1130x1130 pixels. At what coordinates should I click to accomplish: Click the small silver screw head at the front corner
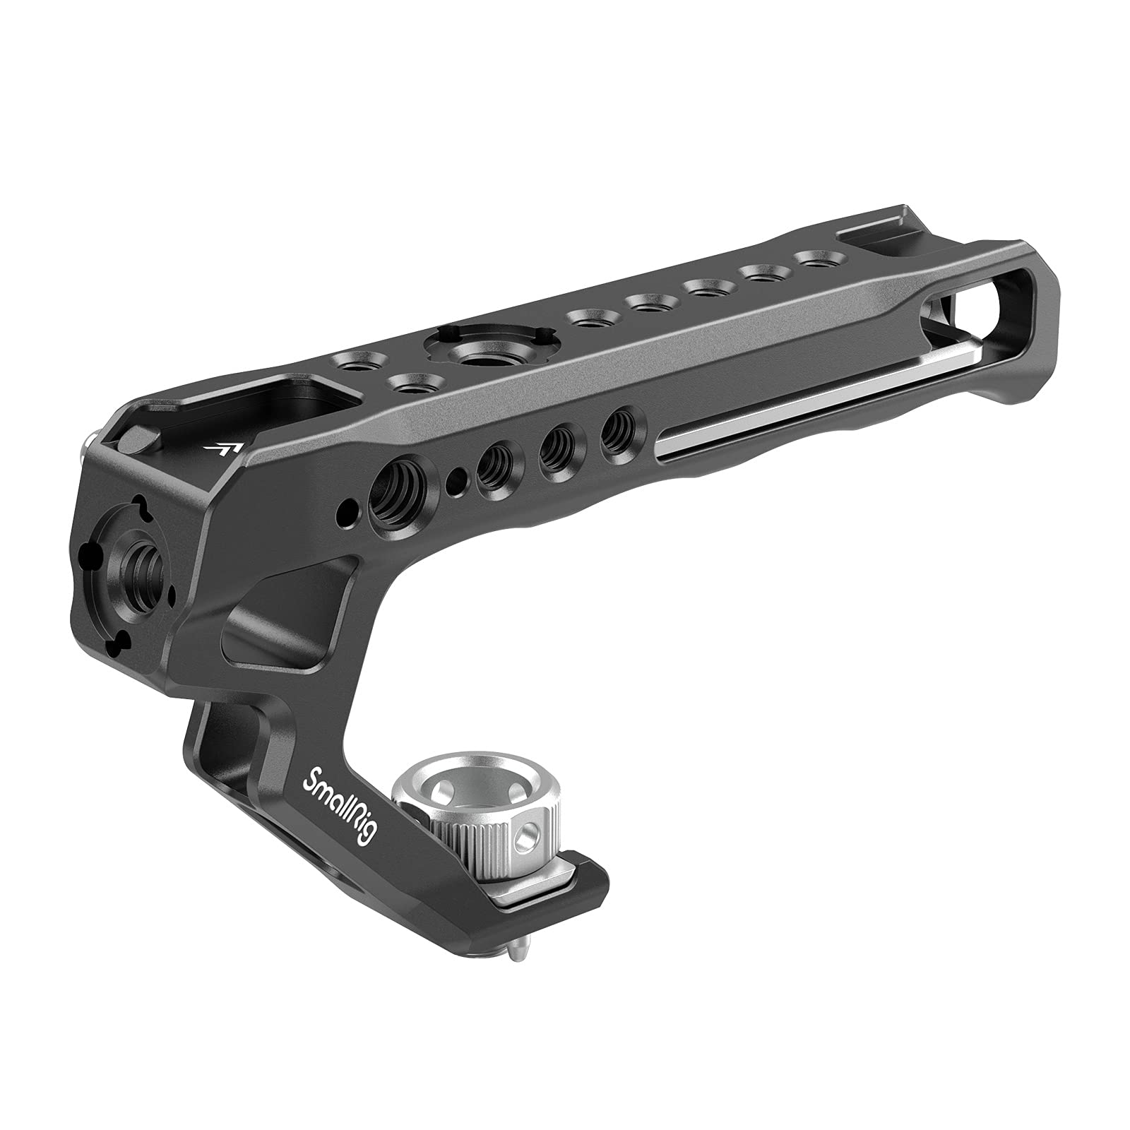pos(89,446)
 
